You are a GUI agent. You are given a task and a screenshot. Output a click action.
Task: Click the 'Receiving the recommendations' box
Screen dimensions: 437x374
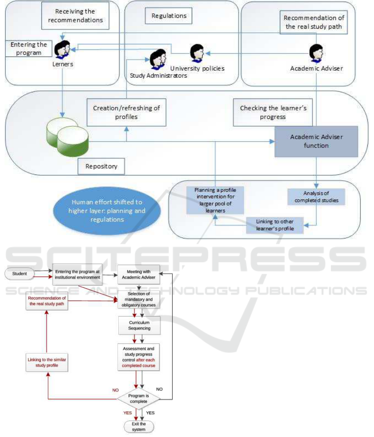(x=75, y=16)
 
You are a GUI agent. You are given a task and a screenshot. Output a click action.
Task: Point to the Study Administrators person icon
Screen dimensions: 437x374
(x=157, y=59)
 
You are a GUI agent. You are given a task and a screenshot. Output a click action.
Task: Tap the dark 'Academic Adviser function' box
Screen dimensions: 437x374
(x=315, y=141)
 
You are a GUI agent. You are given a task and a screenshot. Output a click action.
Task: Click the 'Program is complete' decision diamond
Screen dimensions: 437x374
(x=139, y=399)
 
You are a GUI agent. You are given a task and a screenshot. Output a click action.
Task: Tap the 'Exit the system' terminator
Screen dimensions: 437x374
(x=139, y=427)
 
